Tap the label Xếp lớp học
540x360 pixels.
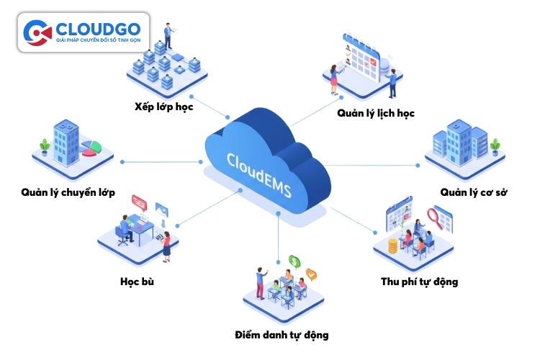(x=163, y=107)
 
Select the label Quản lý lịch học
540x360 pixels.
(x=375, y=113)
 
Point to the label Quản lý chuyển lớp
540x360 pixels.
(x=68, y=192)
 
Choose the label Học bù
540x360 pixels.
(x=137, y=281)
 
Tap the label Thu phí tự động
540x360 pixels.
(x=419, y=281)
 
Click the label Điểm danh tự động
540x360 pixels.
(x=282, y=335)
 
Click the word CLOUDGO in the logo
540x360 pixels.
(x=99, y=28)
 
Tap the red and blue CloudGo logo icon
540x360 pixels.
(x=37, y=32)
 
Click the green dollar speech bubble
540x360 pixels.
(x=294, y=261)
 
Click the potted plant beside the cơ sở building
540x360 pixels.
(x=495, y=146)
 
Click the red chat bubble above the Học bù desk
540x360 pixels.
(x=139, y=204)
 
